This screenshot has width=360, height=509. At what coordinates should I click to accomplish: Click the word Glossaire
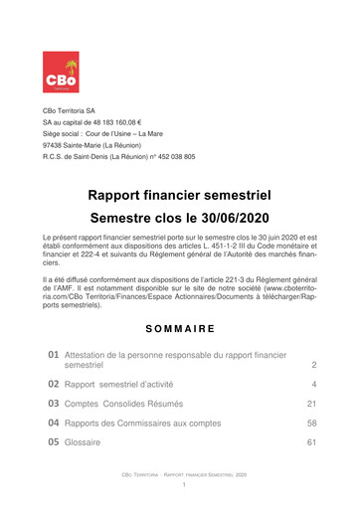click(86, 443)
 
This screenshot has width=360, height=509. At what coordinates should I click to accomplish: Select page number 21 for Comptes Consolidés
click(310, 405)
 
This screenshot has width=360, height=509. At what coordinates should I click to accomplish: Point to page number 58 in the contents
click(310, 424)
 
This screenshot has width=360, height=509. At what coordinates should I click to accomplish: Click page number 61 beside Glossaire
click(310, 443)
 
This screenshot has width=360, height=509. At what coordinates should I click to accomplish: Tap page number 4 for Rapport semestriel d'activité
click(313, 384)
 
